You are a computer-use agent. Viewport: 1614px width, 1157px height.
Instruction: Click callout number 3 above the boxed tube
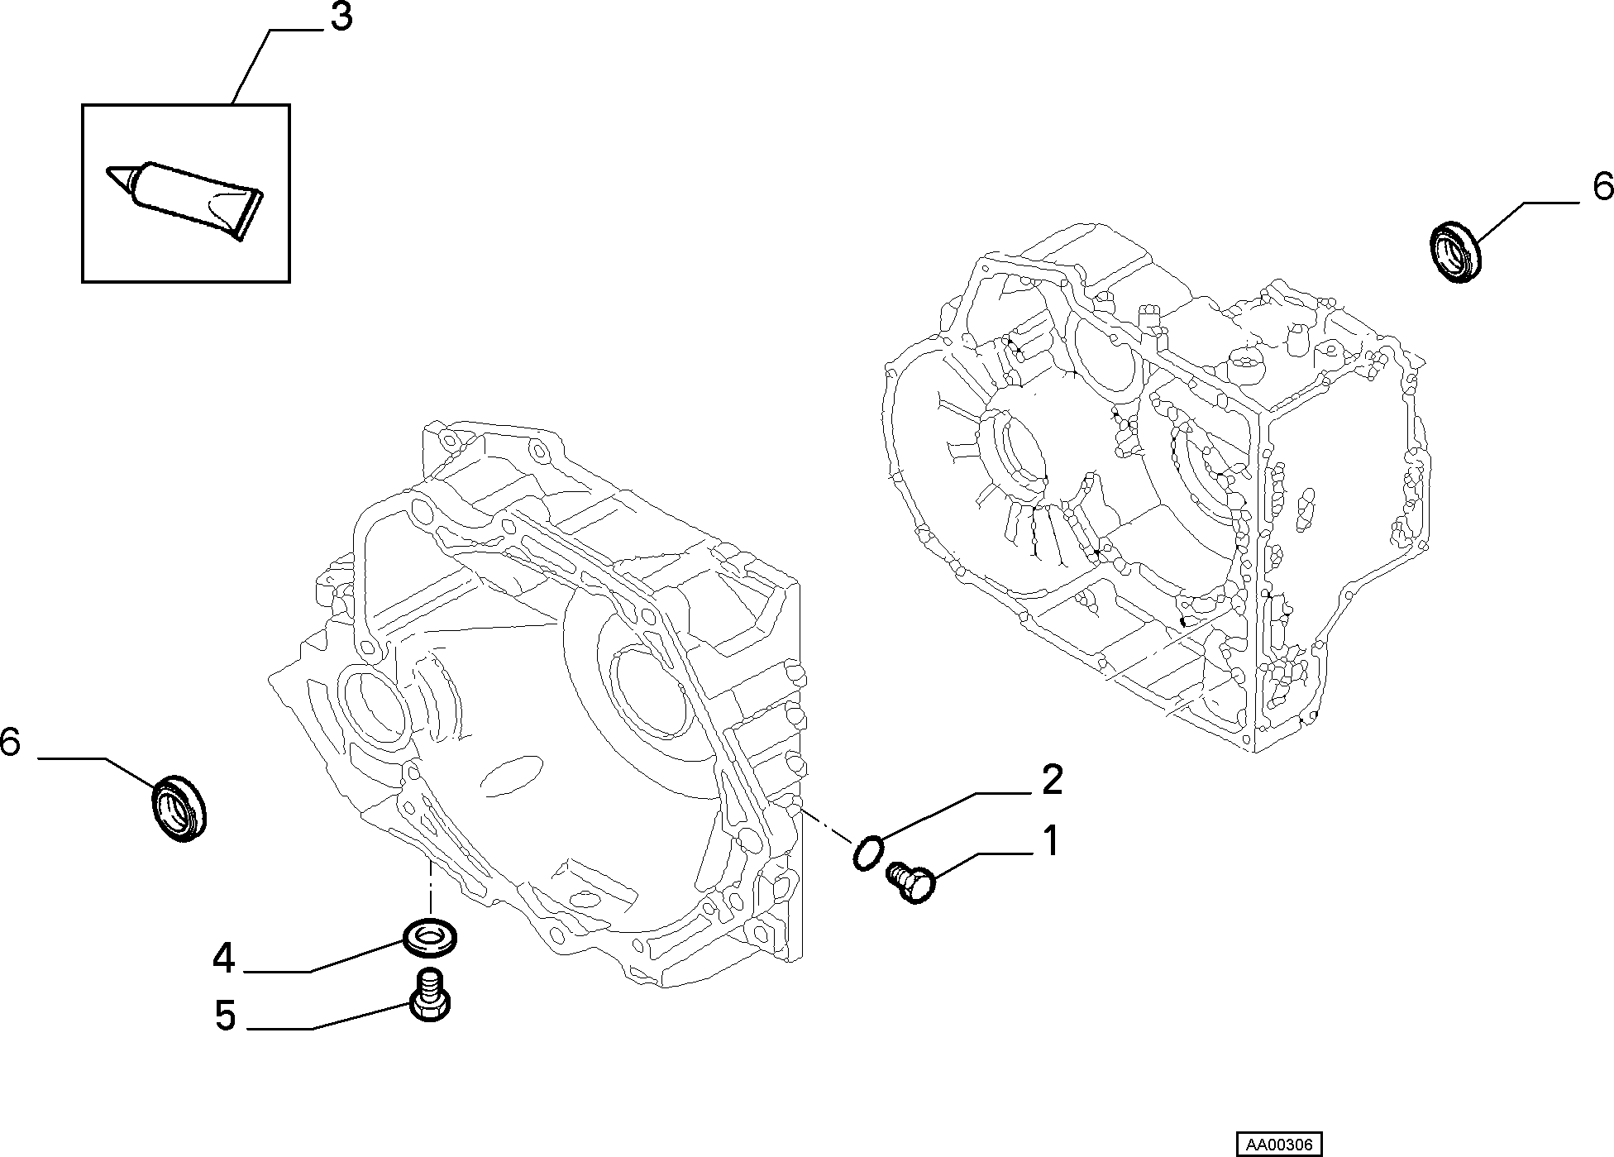coord(341,18)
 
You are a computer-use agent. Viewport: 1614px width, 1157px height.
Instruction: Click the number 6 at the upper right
coord(1602,188)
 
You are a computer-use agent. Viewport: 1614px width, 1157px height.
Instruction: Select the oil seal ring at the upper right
coord(1456,251)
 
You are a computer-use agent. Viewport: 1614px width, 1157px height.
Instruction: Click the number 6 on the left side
coord(10,742)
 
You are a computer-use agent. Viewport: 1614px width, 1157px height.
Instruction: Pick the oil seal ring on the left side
coord(181,808)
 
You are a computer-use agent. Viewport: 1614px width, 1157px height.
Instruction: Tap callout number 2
coord(1051,780)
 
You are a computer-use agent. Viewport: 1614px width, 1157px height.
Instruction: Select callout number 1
coord(1050,842)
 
